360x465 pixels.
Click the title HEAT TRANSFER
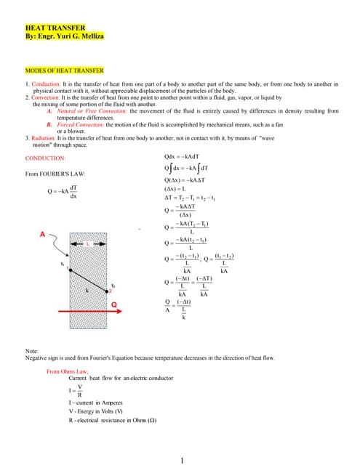coord(54,28)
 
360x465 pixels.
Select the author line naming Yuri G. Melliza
coord(65,36)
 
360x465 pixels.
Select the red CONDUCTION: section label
coord(45,158)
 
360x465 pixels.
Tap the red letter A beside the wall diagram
coord(42,234)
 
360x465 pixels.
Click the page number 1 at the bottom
coord(180,440)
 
